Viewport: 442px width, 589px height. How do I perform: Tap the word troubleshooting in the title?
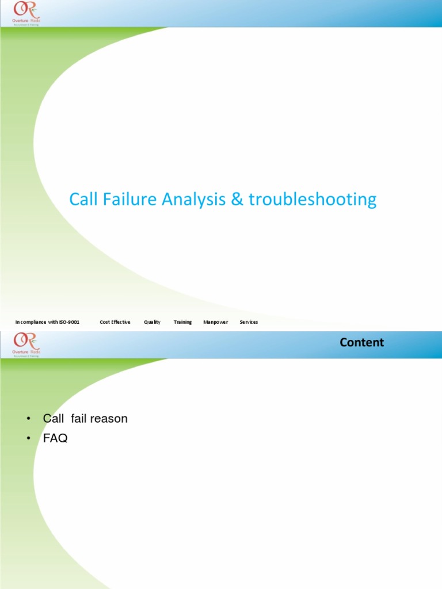pos(313,200)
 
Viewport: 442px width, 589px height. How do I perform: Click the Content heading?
pos(361,343)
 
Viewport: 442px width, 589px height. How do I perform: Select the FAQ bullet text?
pos(55,438)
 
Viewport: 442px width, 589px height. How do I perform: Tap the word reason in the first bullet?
pos(109,419)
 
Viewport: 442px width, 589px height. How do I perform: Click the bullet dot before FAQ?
pos(29,439)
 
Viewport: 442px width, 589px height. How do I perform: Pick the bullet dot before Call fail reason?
pos(29,419)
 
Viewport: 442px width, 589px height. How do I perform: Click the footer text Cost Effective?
pos(115,322)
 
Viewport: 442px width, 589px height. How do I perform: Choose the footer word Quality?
pos(153,322)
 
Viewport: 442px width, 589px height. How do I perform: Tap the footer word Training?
pos(183,322)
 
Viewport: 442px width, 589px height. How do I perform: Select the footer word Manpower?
pos(216,322)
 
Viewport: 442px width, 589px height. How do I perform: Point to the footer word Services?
pos(249,322)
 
